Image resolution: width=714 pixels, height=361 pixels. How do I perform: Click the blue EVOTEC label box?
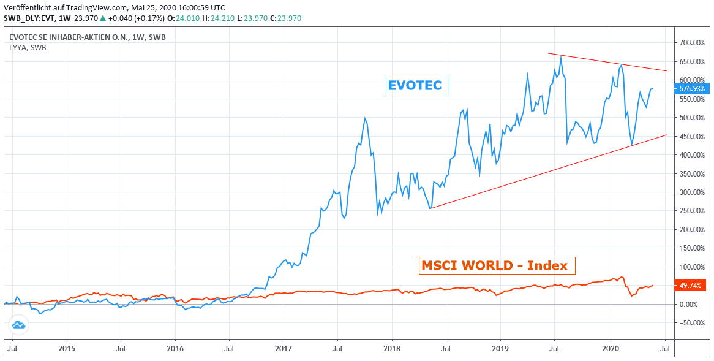[x=418, y=85]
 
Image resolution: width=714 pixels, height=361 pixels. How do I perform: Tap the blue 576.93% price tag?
[x=692, y=89]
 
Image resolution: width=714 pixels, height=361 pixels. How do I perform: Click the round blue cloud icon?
[x=18, y=325]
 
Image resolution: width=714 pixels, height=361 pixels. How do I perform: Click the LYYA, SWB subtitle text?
[x=28, y=47]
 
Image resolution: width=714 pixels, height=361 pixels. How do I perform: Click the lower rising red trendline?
[x=539, y=173]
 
